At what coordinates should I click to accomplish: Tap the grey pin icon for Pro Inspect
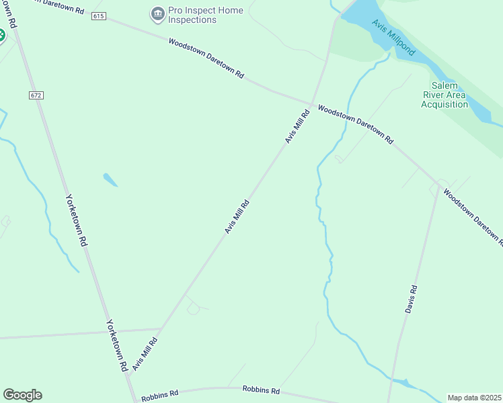(158, 12)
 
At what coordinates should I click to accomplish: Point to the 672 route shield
(36, 95)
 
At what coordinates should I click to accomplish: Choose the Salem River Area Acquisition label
(444, 95)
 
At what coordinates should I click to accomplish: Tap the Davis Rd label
(412, 300)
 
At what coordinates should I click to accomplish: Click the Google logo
(22, 395)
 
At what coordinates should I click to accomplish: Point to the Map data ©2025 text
(475, 398)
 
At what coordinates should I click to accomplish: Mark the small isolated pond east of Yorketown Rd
(110, 179)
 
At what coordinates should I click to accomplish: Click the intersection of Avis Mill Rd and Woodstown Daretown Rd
(312, 104)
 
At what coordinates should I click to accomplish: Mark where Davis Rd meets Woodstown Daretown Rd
(439, 186)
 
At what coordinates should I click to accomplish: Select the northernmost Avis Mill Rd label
(297, 126)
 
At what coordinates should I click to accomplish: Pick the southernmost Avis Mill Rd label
(145, 354)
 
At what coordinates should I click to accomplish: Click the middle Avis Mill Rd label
(237, 216)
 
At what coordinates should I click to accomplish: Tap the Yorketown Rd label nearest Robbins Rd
(116, 346)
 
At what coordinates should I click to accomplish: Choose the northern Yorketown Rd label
(76, 220)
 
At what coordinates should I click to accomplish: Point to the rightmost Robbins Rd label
(260, 390)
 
